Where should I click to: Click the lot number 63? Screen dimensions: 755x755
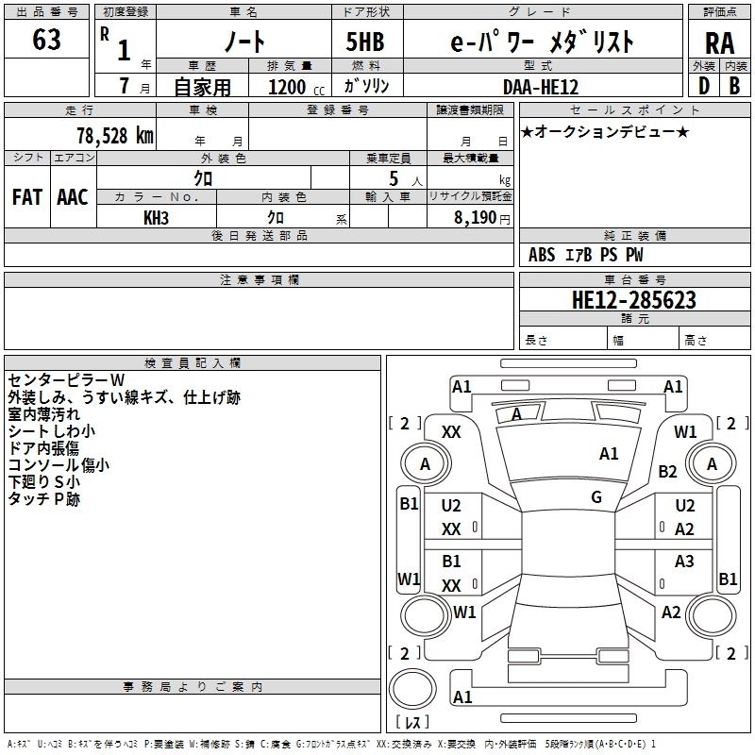coord(46,40)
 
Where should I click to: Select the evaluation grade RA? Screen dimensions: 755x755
coord(719,42)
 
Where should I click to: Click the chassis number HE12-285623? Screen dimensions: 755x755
coord(634,300)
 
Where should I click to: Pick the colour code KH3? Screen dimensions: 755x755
coord(156,218)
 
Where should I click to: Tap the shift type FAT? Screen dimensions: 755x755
coord(26,196)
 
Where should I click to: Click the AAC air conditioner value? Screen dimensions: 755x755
coord(72,196)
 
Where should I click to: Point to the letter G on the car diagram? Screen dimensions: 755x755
coord(596,497)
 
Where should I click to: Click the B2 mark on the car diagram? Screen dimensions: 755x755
coord(668,471)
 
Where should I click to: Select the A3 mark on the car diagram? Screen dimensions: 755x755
coord(684,562)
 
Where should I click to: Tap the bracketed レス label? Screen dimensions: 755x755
coord(411,723)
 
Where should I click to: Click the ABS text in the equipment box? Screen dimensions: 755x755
coord(542,255)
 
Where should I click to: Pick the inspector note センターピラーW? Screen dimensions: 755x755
coord(66,378)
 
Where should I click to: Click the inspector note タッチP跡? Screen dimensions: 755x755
coord(44,499)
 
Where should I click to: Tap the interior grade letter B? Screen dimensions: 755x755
coord(734,86)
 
